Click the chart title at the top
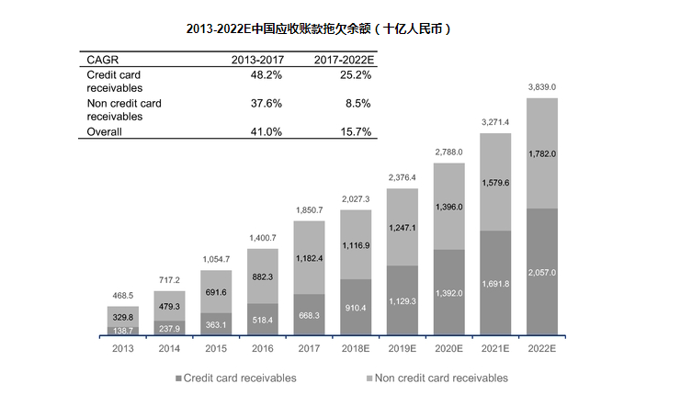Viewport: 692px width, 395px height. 318,28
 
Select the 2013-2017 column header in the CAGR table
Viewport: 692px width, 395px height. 255,60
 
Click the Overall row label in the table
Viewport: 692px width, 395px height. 104,132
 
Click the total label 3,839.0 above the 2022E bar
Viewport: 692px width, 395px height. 541,87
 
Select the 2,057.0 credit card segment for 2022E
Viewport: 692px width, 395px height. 541,273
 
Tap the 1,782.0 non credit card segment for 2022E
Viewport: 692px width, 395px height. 541,153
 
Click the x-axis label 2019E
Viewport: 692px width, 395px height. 403,350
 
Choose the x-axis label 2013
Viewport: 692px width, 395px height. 122,350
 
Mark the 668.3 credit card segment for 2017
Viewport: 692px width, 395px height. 309,315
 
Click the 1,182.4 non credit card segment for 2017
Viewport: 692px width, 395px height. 309,258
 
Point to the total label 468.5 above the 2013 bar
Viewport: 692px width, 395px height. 122,295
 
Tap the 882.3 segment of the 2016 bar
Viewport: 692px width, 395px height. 263,276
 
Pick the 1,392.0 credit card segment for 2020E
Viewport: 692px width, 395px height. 448,293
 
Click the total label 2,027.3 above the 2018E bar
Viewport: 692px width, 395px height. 356,198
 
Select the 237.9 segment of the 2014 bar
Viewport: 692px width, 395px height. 170,328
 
